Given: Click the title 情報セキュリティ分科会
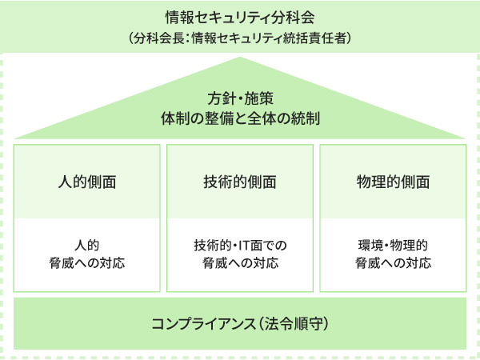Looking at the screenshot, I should [240, 17].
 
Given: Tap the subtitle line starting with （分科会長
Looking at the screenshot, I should [240, 37].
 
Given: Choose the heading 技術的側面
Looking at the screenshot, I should [240, 182].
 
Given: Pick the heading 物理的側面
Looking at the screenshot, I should [393, 182].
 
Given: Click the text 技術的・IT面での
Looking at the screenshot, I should [240, 245].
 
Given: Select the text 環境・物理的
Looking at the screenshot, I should [393, 245].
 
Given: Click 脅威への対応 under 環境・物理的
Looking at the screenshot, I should [393, 263].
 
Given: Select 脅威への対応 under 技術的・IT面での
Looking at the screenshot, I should [240, 263].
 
